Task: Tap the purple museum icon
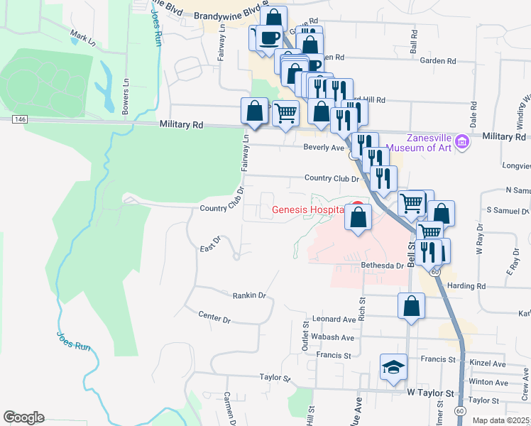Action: click(463, 143)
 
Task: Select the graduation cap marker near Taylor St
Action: click(393, 367)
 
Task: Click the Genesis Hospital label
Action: click(310, 210)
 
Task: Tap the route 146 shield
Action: click(19, 119)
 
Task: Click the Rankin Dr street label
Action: click(248, 295)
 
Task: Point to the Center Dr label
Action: click(214, 317)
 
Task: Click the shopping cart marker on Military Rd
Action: click(285, 112)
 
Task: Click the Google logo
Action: click(23, 417)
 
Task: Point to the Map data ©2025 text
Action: click(500, 420)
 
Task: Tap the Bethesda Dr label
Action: click(382, 265)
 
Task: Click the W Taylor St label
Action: click(430, 392)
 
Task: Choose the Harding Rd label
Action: click(471, 286)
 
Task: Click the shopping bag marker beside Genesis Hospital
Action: click(358, 217)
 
